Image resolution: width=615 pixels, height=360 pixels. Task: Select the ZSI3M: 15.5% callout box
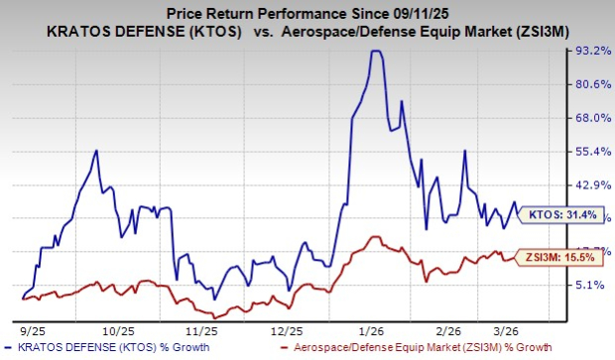559,257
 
